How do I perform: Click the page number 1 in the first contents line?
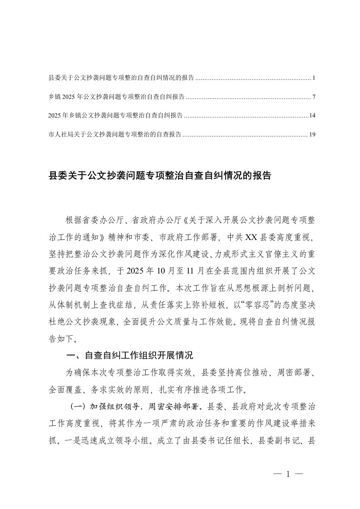click(314, 78)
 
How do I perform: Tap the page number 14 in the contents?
click(312, 116)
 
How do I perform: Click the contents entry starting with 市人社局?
click(115, 135)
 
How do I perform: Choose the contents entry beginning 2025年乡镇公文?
click(115, 116)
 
